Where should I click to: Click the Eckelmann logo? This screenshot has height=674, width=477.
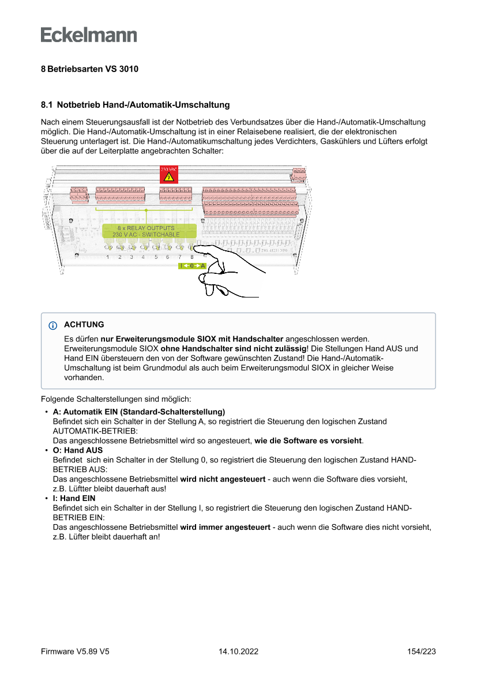89,35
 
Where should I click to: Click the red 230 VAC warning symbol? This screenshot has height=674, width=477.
169,175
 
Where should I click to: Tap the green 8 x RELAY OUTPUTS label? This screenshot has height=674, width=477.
146,231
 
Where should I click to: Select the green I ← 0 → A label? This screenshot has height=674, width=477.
193,266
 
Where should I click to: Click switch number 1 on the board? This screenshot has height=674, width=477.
108,248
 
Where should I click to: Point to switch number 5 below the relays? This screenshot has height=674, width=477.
156,248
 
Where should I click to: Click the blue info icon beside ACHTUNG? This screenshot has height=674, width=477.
54,325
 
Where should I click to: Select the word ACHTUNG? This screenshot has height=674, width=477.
84,325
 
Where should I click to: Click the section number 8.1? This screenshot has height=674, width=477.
46,105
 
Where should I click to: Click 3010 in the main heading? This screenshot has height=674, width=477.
129,69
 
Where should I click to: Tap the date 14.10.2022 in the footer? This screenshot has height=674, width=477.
238,652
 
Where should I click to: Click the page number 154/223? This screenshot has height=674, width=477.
421,652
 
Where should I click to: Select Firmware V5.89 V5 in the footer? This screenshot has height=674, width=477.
75,652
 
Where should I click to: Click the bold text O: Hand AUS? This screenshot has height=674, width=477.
77,450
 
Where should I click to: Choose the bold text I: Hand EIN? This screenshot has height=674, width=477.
74,498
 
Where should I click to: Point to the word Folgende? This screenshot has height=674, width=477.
58,399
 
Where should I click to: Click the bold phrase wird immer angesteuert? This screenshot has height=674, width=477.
225,527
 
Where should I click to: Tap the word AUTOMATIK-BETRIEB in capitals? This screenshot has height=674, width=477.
95,431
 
